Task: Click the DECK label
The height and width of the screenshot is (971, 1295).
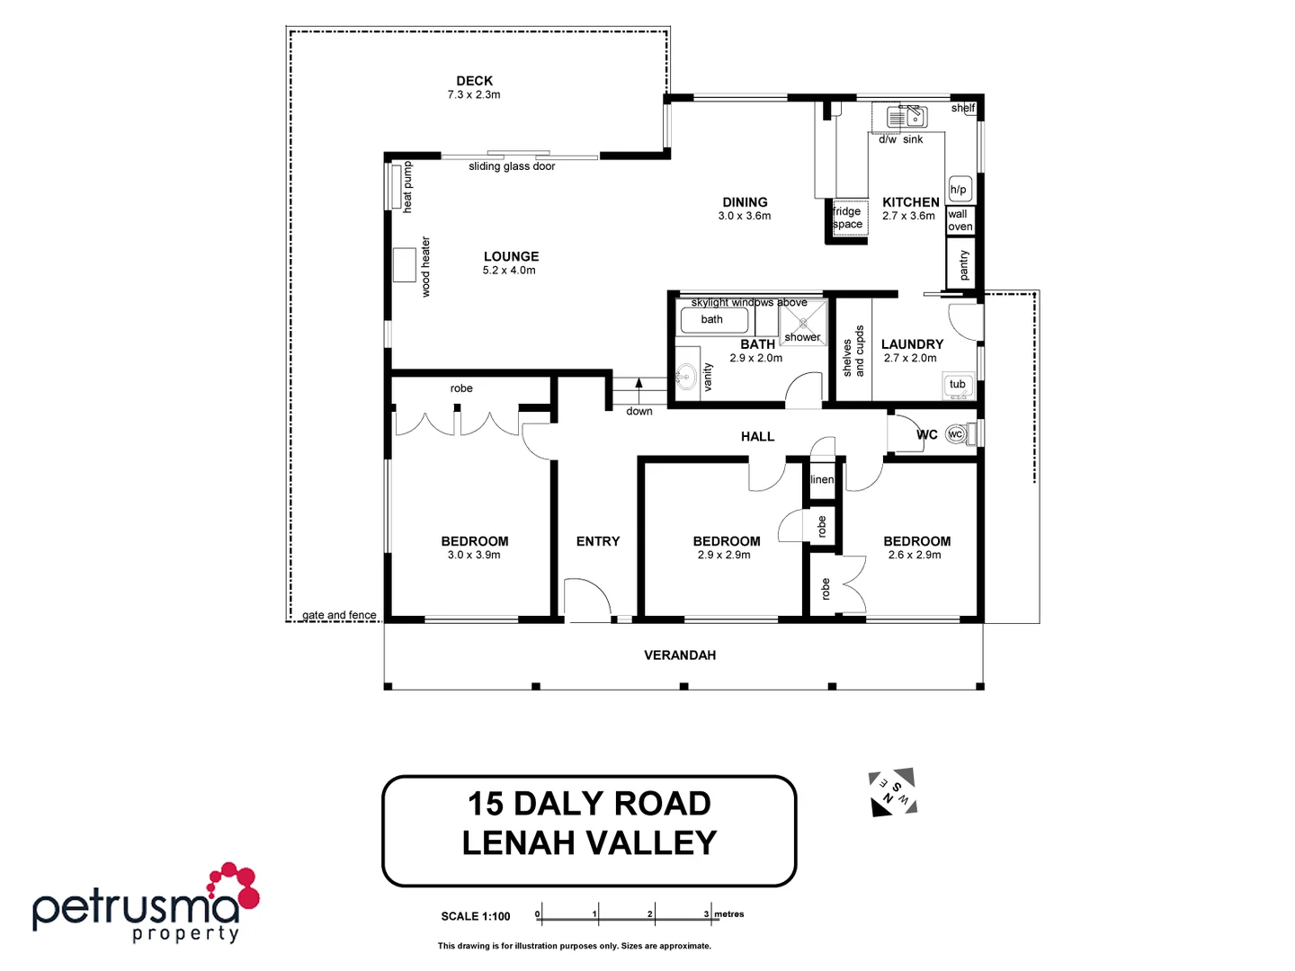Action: tap(474, 81)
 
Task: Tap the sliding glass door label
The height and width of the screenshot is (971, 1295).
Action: tap(512, 166)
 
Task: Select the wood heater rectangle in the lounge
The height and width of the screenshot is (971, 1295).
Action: tap(405, 264)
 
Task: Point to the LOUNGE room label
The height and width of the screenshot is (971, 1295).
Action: tap(511, 256)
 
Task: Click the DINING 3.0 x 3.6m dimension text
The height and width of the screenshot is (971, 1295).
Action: tap(744, 216)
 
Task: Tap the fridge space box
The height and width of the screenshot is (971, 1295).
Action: tap(847, 218)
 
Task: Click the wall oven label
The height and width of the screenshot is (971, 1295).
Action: tap(960, 220)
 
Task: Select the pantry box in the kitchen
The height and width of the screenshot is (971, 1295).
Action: tap(962, 264)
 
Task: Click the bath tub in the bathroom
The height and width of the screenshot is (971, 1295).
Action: tap(713, 319)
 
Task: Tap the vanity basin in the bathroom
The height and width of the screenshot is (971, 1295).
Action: tap(687, 377)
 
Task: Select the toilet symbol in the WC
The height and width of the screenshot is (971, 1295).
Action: tap(957, 434)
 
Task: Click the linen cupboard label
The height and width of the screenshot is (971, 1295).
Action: tap(822, 479)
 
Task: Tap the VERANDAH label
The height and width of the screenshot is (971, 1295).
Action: tap(680, 655)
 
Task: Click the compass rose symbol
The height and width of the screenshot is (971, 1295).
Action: tap(892, 792)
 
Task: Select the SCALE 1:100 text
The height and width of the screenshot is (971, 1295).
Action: tap(475, 916)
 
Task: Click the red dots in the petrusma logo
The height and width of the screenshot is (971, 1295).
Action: tap(235, 885)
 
